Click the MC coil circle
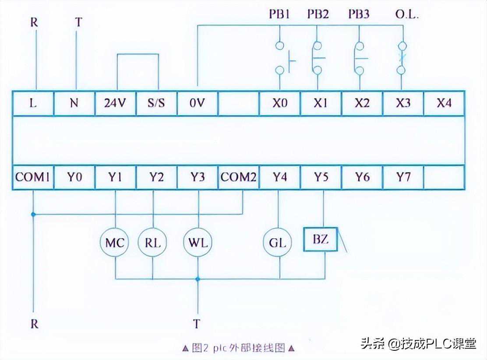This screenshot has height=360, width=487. [x=115, y=242]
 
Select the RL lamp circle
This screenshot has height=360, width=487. [x=152, y=242]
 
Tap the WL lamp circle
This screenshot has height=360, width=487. [x=198, y=242]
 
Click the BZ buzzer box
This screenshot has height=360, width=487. [x=321, y=240]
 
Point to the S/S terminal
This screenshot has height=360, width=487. [x=156, y=103]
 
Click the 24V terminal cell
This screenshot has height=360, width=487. [x=115, y=103]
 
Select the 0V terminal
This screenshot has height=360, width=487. [x=197, y=103]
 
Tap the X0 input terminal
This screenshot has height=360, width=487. [x=279, y=103]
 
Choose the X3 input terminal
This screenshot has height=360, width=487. [x=403, y=103]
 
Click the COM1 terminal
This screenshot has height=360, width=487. [x=33, y=177]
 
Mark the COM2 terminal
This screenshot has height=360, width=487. [x=238, y=177]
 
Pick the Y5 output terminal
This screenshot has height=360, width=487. [x=321, y=177]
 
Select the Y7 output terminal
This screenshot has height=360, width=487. [x=403, y=177]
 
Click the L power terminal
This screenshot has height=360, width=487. [x=33, y=103]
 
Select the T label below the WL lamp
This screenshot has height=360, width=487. [x=197, y=324]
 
